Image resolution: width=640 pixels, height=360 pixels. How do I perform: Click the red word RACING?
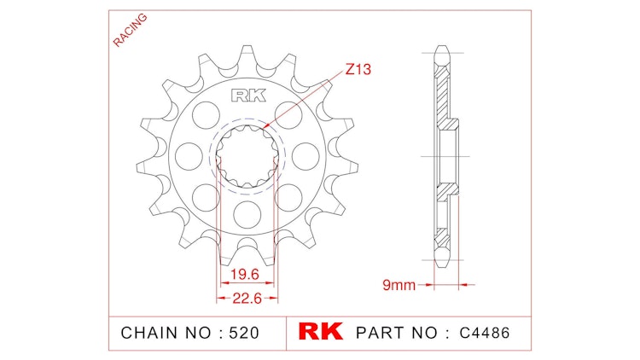point(130,31)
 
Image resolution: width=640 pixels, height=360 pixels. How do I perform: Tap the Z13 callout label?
point(358,70)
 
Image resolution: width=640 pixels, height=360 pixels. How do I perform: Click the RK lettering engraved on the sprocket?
point(244,96)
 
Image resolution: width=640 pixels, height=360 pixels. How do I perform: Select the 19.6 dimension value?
point(245,274)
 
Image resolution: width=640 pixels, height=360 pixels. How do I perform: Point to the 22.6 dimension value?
point(245,298)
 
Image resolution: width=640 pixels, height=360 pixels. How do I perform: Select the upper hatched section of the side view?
point(441,94)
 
